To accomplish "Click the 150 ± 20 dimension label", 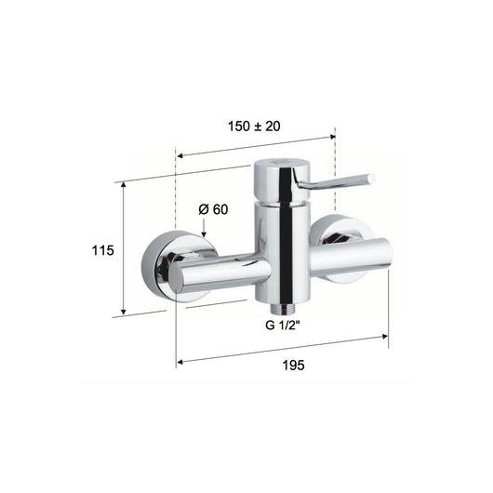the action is [x=254, y=127].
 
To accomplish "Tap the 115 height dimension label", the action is [x=102, y=250].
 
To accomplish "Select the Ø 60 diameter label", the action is [x=213, y=209].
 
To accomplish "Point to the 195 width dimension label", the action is [x=293, y=365].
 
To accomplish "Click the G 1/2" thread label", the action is [x=283, y=326].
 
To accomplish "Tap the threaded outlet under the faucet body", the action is [x=283, y=309].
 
